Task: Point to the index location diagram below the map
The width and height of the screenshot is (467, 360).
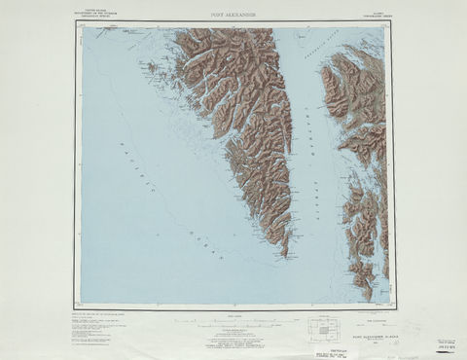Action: click(x=321, y=328)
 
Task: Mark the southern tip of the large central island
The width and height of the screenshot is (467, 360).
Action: click(x=285, y=255)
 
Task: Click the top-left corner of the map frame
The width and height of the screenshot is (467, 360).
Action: click(x=81, y=26)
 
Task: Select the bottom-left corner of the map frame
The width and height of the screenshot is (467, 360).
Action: click(x=81, y=304)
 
